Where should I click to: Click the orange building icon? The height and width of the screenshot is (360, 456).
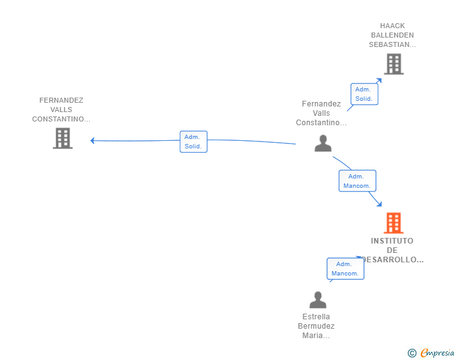click(393, 223)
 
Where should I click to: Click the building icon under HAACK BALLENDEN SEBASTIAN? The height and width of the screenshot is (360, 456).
click(394, 64)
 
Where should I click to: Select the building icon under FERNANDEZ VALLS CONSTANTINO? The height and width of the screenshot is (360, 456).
click(63, 138)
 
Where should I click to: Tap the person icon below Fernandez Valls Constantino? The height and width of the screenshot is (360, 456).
click(323, 143)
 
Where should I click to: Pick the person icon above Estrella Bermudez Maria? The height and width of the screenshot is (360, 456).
click(318, 300)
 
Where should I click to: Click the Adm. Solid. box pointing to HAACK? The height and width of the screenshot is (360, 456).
click(364, 94)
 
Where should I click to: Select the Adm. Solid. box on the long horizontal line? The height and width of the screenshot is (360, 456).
click(194, 141)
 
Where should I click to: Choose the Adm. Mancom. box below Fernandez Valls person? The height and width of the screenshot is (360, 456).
click(358, 181)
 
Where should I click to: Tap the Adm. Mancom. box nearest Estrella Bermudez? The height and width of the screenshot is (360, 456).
click(346, 269)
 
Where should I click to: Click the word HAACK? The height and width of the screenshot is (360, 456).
click(392, 26)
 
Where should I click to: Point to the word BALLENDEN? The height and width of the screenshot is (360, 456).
click(392, 35)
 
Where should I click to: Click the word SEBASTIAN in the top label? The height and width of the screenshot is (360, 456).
click(390, 44)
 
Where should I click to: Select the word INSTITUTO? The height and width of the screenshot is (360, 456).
click(392, 241)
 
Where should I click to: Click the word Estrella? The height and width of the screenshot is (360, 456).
click(316, 316)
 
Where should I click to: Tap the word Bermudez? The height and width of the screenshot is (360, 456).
click(316, 326)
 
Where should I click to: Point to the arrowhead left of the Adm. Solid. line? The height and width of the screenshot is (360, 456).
click(92, 141)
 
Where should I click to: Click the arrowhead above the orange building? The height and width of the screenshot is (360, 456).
click(379, 204)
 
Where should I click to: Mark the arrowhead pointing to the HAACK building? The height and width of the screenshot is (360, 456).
click(378, 81)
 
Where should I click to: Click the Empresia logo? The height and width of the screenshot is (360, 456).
click(431, 352)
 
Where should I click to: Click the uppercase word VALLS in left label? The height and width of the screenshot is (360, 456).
click(61, 110)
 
